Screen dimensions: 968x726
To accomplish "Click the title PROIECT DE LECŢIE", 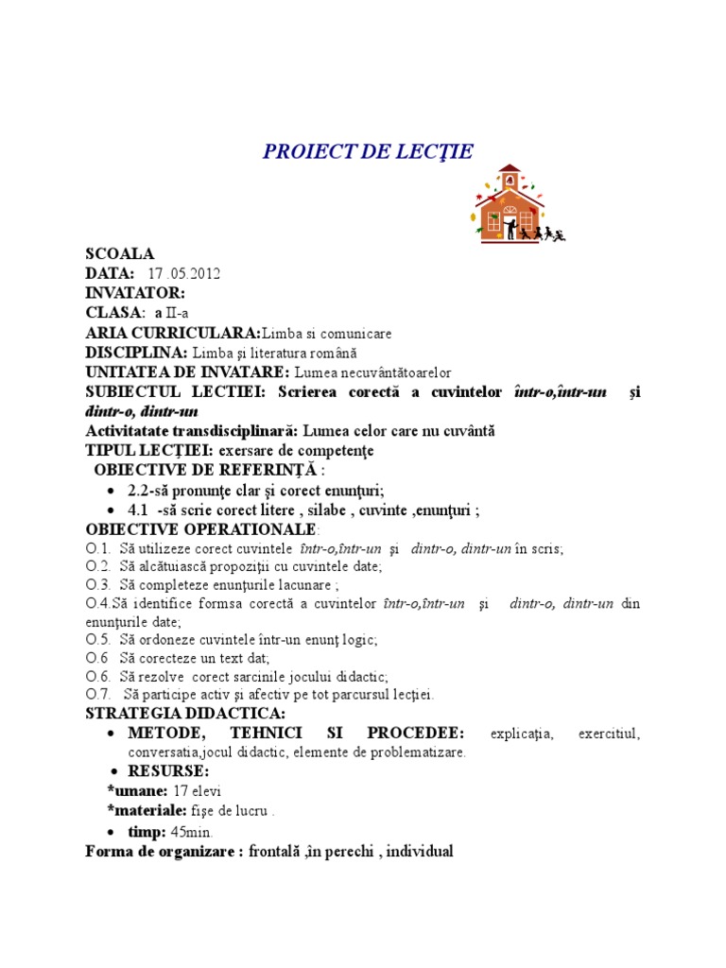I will click(x=367, y=152).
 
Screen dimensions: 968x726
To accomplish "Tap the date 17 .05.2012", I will click(x=183, y=274).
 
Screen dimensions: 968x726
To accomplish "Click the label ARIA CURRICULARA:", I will click(x=172, y=333).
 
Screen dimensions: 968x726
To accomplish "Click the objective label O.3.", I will click(x=98, y=586).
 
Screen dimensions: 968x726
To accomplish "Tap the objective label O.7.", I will click(x=98, y=695).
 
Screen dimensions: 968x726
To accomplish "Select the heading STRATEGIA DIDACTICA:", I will click(x=184, y=714).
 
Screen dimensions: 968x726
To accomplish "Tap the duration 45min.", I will click(x=192, y=832).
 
